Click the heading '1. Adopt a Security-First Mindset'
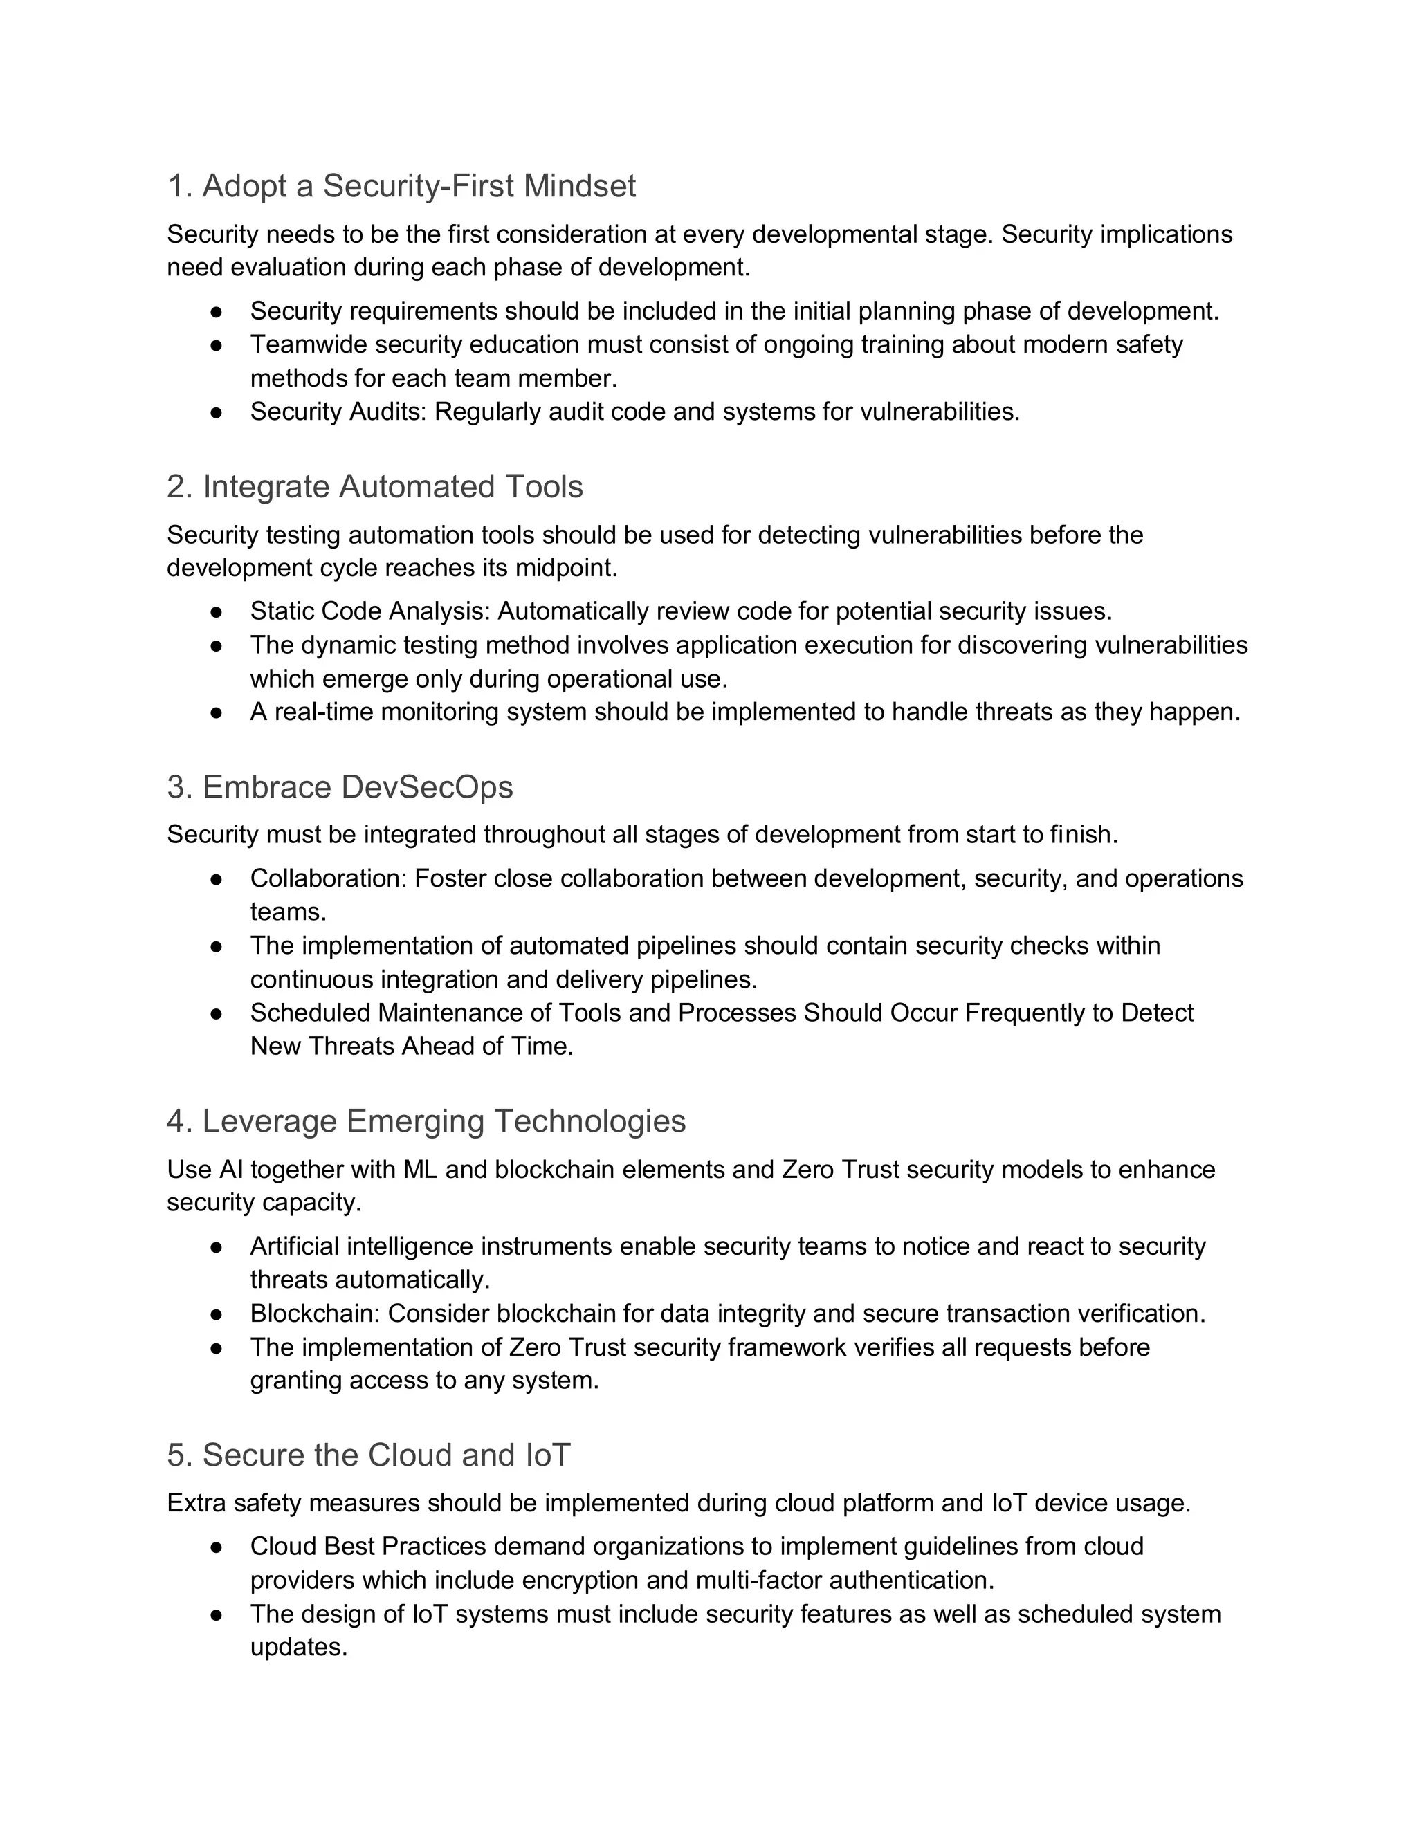[401, 185]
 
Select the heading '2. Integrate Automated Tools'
[374, 486]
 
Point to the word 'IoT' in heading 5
[547, 1455]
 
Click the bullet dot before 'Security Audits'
[216, 412]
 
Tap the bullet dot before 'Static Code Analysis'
[216, 612]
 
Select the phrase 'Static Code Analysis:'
[369, 611]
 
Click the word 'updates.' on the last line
[298, 1648]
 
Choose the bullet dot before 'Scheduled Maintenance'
[216, 1013]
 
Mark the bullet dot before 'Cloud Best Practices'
[216, 1547]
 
